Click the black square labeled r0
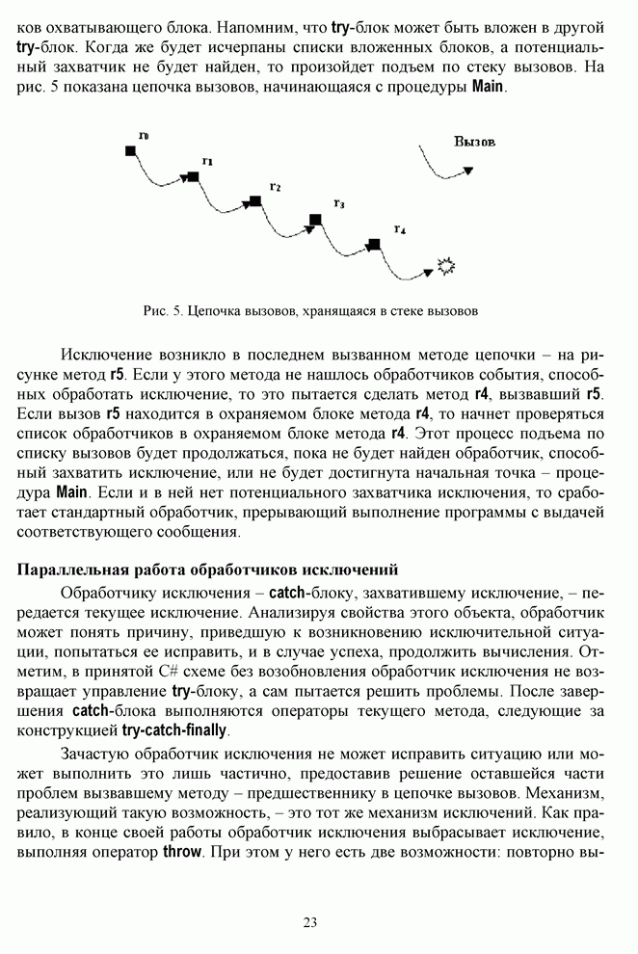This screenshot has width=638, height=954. (130, 150)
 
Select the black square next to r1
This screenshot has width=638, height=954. (193, 176)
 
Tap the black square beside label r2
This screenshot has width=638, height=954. (255, 200)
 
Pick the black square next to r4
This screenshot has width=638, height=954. (375, 244)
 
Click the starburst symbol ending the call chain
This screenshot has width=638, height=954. (446, 265)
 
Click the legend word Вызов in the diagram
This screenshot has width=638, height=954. (474, 142)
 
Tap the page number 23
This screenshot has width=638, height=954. (310, 922)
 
